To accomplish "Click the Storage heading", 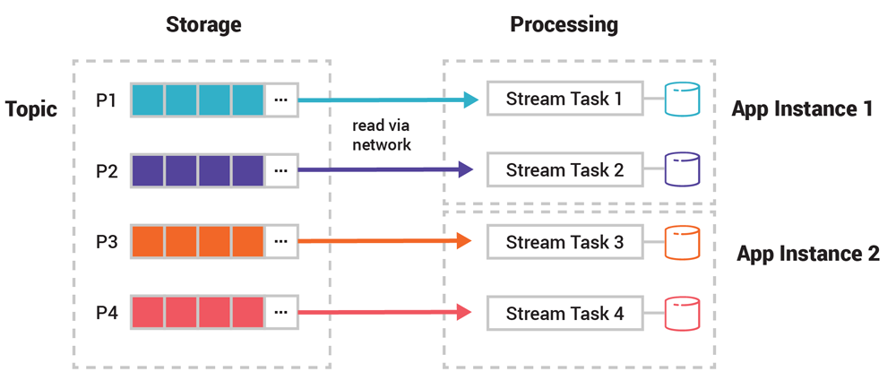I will point(203,24).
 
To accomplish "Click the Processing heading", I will point(564,24).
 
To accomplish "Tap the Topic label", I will point(31,109).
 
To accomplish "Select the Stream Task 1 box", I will point(564,99).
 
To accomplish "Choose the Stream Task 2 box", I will point(564,169).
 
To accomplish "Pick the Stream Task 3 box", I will point(564,242).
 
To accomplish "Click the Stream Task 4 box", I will point(564,314).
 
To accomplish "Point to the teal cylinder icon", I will point(681,99).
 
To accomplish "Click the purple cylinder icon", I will point(681,169).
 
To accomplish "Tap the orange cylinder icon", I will point(681,242).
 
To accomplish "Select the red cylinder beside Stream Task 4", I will point(681,314).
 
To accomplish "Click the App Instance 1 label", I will point(802,109).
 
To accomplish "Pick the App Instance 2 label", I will point(807,254).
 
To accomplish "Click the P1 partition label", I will point(107,99).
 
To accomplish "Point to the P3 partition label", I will point(107,242).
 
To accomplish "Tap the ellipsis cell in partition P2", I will point(281,169).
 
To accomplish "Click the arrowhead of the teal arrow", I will point(471,99).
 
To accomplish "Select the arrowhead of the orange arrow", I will point(464,241).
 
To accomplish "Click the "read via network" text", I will point(382,134).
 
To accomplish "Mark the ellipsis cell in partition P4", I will point(281,313).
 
